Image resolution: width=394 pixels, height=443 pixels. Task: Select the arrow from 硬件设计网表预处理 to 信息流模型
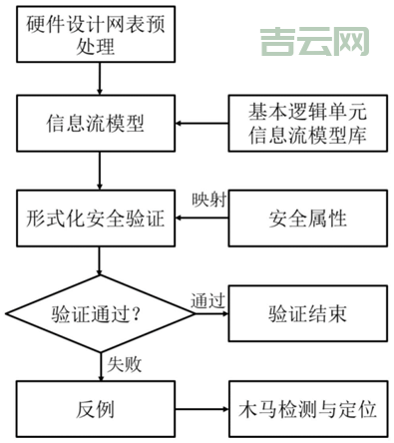pyautogui.click(x=98, y=81)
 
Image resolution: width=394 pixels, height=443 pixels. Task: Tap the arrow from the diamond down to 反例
pyautogui.click(x=98, y=366)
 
